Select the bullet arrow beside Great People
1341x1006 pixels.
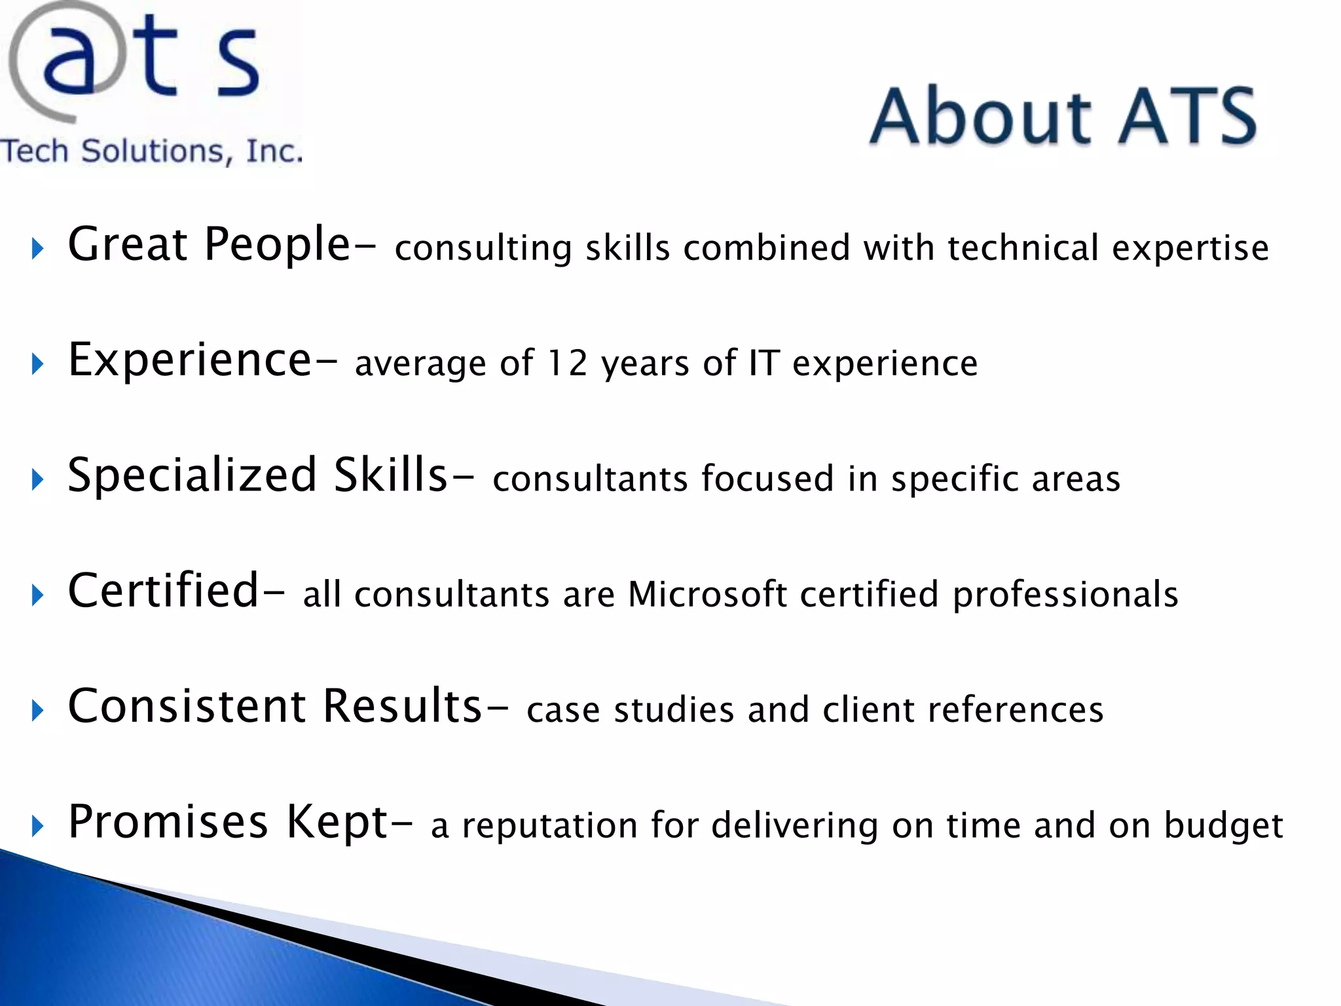coord(37,249)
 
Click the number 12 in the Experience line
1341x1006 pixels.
coord(568,363)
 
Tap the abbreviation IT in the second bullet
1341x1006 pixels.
coord(763,363)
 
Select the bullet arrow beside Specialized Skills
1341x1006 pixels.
coord(37,480)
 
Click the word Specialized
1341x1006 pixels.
coord(193,476)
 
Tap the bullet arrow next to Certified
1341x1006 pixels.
coord(37,595)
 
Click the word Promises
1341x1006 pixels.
coord(168,823)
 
